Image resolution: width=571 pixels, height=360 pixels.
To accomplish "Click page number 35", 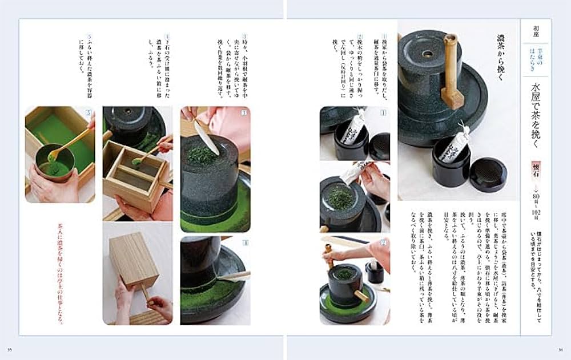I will pyautogui.click(x=9, y=349).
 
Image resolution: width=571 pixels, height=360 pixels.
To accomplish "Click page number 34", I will pyautogui.click(x=561, y=349).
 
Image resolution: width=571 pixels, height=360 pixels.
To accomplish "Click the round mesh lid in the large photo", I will pyautogui.click(x=487, y=175).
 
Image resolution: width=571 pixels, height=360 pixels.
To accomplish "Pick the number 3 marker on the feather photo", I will pyautogui.click(x=245, y=112).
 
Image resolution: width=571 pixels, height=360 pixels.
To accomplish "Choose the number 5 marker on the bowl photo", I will pyautogui.click(x=88, y=112).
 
